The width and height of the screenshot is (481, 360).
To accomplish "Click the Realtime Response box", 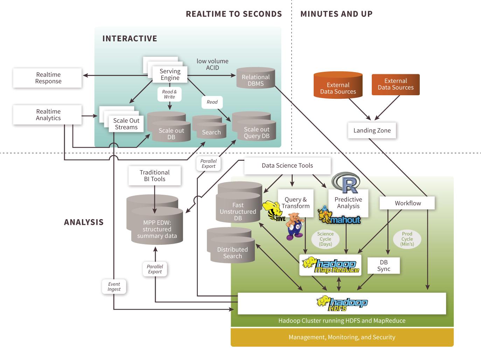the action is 47,78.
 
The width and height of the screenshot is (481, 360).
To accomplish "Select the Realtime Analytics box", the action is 47,115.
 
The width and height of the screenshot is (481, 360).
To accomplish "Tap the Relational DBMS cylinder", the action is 256,78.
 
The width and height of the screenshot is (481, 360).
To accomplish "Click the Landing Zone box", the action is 372,130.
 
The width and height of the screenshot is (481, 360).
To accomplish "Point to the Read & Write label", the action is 169,94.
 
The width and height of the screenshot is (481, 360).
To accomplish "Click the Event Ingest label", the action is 114,286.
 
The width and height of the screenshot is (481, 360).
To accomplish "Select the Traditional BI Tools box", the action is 155,175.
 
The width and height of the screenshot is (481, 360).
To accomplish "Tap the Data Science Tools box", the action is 287,166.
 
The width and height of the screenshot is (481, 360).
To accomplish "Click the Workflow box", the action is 407,203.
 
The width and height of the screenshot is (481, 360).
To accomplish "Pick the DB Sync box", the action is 384,265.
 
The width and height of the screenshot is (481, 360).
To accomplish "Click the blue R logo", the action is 346,182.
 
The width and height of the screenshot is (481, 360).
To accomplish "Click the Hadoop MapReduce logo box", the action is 330,265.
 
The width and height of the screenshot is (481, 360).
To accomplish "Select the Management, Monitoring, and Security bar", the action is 342,337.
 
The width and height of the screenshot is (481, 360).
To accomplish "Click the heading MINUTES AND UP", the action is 336,14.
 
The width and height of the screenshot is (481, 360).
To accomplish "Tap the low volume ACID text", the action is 212,64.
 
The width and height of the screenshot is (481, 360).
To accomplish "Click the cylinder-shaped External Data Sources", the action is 338,85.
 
